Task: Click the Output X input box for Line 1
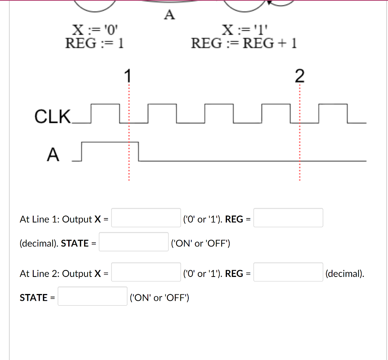point(146,218)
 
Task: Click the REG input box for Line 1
point(288,218)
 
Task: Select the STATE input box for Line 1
point(134,242)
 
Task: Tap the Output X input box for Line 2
point(146,272)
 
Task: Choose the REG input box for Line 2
point(288,272)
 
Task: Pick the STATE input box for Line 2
point(92,296)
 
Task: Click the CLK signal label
point(52,116)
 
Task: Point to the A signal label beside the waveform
point(53,155)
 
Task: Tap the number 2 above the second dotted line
point(299,76)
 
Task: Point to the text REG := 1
point(95,43)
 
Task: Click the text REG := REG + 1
point(244,43)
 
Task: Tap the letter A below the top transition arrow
point(169,15)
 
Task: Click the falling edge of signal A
point(139,152)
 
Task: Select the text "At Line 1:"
point(39,219)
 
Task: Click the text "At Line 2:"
point(39,274)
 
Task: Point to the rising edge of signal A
point(82,152)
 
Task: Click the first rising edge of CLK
point(91,113)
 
